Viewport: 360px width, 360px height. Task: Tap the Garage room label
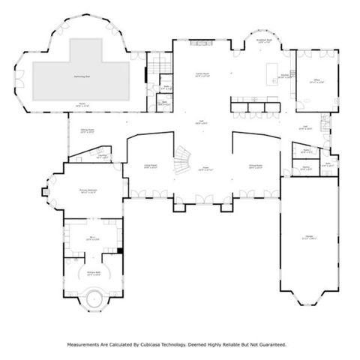[308, 238]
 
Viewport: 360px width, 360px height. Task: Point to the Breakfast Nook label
[263, 43]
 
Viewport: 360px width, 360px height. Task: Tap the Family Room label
[202, 75]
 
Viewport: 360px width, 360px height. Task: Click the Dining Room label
[256, 167]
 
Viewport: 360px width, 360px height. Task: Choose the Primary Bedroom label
[89, 192]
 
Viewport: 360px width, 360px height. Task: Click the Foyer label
[204, 169]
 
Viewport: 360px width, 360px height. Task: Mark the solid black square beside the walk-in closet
[118, 250]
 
